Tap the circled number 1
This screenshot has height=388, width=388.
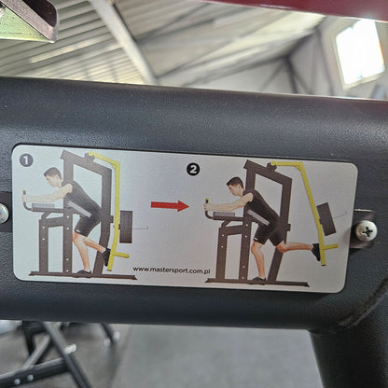[x=26, y=160]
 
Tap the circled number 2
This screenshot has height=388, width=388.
[x=193, y=170]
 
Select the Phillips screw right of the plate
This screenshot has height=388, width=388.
[x=367, y=229]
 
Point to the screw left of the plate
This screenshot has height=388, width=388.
[x=3, y=213]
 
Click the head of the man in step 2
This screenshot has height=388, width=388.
[x=235, y=185]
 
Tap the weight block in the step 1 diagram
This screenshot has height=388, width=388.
[x=126, y=224]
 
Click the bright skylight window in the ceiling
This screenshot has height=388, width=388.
[x=359, y=51]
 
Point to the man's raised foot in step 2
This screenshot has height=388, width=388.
[x=316, y=251]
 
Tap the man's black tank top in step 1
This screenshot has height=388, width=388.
[x=78, y=198]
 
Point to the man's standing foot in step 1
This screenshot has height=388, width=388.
[x=83, y=272]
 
